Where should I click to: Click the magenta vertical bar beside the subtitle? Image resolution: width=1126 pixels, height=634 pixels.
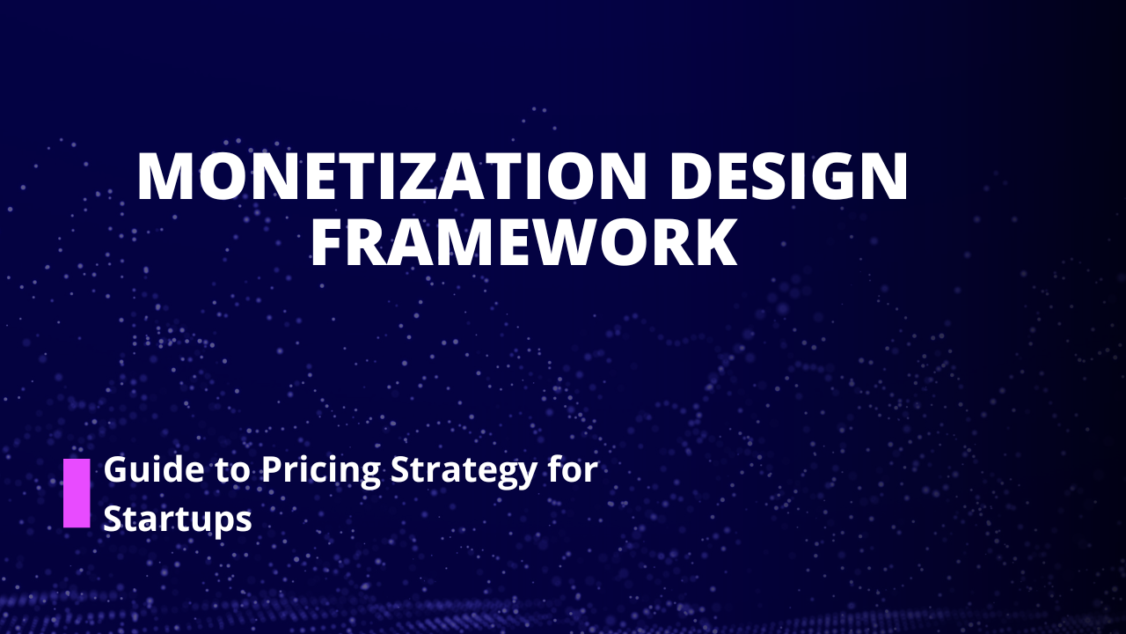(77, 492)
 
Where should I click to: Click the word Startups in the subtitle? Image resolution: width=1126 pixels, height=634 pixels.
(178, 520)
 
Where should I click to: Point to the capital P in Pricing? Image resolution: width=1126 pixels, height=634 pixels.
(270, 470)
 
